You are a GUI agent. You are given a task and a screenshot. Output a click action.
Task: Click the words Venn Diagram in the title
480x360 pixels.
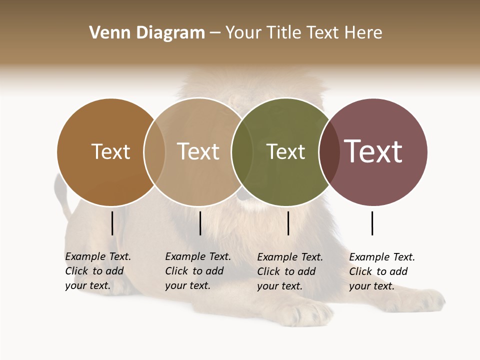click(x=147, y=33)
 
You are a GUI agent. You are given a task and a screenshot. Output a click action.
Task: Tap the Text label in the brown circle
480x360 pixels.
click(x=110, y=151)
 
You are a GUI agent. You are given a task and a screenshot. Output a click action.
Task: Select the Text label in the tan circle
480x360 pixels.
click(x=198, y=151)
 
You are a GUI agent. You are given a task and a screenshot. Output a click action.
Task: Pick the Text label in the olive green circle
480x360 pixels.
click(x=285, y=151)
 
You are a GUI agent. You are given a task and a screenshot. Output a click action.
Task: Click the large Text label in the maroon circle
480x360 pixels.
click(x=373, y=151)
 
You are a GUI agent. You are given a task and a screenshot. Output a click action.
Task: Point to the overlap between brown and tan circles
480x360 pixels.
click(x=154, y=151)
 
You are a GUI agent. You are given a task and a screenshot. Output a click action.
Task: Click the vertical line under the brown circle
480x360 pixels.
click(x=112, y=223)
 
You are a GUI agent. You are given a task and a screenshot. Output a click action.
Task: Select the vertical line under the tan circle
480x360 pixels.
click(x=200, y=223)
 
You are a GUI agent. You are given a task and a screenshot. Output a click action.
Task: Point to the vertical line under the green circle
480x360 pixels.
click(x=288, y=223)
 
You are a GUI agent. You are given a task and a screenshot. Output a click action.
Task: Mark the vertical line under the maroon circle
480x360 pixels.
click(x=372, y=223)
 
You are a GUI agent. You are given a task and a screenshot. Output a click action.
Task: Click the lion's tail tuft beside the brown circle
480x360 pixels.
click(x=61, y=190)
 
